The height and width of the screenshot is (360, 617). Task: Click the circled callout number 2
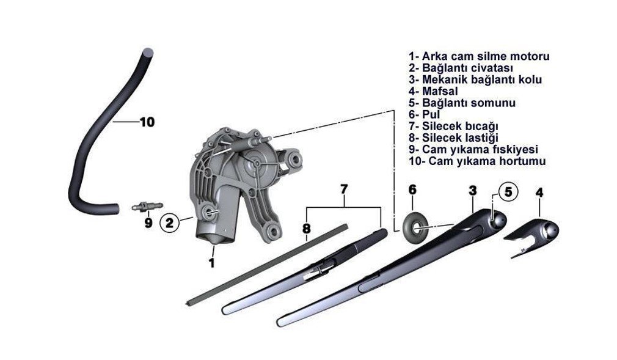pyautogui.click(x=170, y=223)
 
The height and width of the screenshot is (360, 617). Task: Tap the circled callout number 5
pyautogui.click(x=508, y=192)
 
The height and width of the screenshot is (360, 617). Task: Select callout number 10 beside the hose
pyautogui.click(x=147, y=122)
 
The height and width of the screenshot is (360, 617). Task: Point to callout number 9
pyautogui.click(x=148, y=223)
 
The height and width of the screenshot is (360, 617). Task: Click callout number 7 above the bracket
pyautogui.click(x=344, y=189)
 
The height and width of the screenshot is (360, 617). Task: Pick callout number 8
pyautogui.click(x=307, y=229)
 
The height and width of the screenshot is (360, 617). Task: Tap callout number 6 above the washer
pyautogui.click(x=412, y=190)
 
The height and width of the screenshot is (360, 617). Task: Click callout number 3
pyautogui.click(x=473, y=191)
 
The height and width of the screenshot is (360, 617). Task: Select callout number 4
pyautogui.click(x=539, y=193)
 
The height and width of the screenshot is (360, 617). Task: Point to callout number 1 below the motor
pyautogui.click(x=212, y=263)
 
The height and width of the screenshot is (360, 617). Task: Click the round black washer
pyautogui.click(x=415, y=227)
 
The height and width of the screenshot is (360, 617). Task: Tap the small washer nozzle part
pyautogui.click(x=147, y=206)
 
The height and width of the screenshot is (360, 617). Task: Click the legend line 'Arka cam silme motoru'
pyautogui.click(x=479, y=56)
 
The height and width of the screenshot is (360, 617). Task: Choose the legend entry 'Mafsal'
pyautogui.click(x=433, y=92)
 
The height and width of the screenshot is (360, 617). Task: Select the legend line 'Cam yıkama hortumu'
pyautogui.click(x=477, y=161)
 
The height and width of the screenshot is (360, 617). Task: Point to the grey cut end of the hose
pyautogui.click(x=148, y=51)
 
